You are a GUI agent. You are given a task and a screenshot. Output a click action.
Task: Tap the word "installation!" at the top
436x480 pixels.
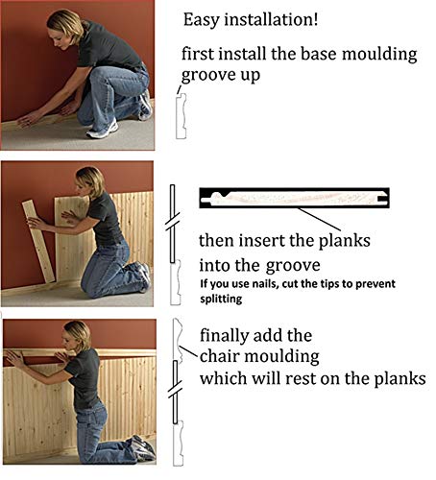(279, 18)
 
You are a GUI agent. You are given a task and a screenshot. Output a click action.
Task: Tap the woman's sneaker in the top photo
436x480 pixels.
(103, 128)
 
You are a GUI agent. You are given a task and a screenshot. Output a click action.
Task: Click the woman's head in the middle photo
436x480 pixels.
(89, 180)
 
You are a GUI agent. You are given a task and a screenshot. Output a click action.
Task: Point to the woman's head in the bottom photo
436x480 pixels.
(78, 335)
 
